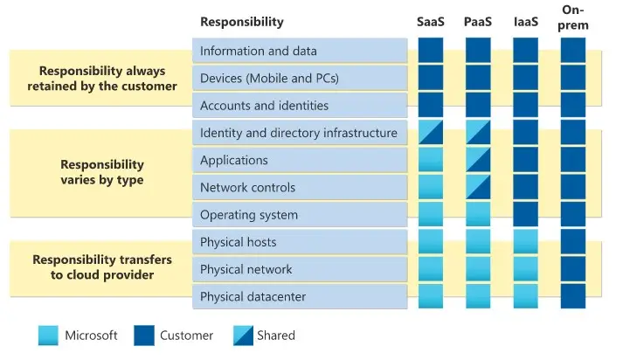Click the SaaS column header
click(x=431, y=22)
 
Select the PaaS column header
click(x=478, y=22)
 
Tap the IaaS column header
click(x=525, y=22)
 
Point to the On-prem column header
click(x=573, y=17)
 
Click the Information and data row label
click(x=259, y=51)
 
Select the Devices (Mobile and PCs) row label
click(x=269, y=79)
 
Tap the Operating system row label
click(x=249, y=215)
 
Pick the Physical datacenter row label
click(x=253, y=296)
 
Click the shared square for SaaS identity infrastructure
click(x=431, y=133)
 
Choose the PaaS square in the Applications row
click(x=478, y=160)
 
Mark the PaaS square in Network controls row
click(x=478, y=187)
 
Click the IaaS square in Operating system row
click(x=525, y=215)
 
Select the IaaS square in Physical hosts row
click(x=525, y=242)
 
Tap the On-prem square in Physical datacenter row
click(x=573, y=296)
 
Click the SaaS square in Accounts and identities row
click(x=431, y=106)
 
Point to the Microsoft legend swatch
click(x=49, y=336)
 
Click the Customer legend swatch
click(x=144, y=336)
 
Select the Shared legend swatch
click(x=242, y=336)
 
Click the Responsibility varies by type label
click(x=102, y=172)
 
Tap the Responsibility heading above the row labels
click(x=242, y=22)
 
